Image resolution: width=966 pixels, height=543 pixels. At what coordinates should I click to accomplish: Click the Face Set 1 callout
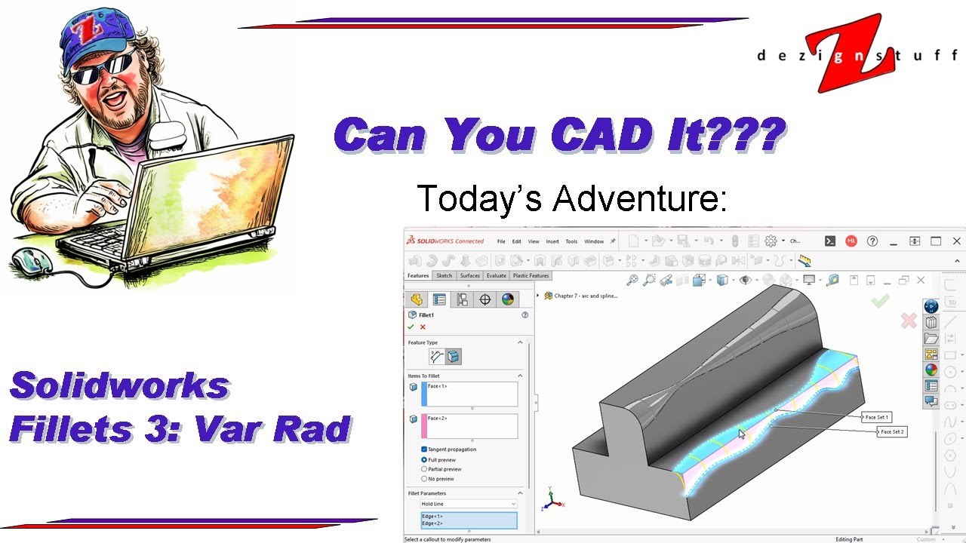tap(877, 417)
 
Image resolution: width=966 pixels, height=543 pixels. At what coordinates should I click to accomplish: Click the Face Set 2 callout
tap(892, 431)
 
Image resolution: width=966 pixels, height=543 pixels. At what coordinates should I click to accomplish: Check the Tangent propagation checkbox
tap(424, 449)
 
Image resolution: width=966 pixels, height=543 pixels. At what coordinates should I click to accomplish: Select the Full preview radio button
tap(424, 459)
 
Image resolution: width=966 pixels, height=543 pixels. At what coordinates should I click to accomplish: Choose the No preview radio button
tap(424, 479)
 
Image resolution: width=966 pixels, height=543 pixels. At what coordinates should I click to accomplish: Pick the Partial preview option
tap(424, 469)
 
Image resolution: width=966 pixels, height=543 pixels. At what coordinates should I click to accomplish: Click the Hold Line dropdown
tap(469, 504)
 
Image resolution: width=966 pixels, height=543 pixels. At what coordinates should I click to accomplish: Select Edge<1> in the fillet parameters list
tap(432, 516)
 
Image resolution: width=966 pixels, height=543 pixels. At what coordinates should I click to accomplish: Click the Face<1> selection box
tap(471, 394)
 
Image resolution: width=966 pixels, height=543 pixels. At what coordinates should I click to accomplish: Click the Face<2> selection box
tap(471, 425)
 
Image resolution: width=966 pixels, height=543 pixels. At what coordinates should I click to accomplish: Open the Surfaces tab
tap(470, 276)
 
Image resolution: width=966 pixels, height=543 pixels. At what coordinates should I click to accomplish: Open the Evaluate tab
tap(497, 276)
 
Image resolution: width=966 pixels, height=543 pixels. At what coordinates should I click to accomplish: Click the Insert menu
tap(552, 241)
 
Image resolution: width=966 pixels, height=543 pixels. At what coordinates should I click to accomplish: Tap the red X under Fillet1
tap(423, 327)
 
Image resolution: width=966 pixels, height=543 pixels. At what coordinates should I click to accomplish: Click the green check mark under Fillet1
tap(411, 327)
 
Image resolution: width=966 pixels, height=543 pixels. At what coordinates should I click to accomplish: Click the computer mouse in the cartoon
tap(32, 261)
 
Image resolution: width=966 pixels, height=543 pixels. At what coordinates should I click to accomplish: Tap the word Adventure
tap(640, 198)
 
